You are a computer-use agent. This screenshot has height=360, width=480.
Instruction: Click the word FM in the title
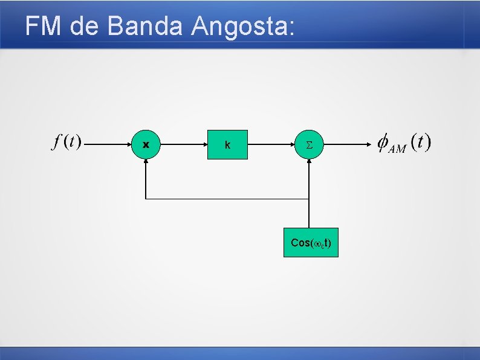[x=44, y=27]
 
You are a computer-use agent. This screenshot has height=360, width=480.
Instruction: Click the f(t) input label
[x=66, y=143]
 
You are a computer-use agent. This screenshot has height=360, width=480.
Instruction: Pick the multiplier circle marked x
[x=146, y=145]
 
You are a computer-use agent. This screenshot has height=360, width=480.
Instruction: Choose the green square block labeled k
[x=227, y=144]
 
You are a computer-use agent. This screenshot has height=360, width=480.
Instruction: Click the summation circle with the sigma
[x=309, y=145]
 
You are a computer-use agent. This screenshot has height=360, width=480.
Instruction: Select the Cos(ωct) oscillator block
[x=311, y=243]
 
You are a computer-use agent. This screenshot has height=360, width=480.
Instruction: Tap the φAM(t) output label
[x=403, y=144]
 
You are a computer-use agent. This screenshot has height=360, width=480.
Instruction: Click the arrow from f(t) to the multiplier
[x=109, y=145]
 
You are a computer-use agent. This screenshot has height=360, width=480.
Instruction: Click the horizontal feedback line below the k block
[x=227, y=199]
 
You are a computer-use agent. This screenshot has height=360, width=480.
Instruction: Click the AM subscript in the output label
[x=397, y=149]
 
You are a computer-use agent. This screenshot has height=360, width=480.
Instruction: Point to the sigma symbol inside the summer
[x=309, y=145]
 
